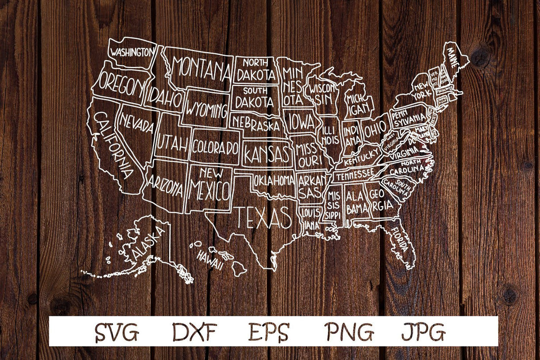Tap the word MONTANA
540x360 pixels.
(x=201, y=68)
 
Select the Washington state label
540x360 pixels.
(x=132, y=52)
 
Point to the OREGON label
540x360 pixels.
(x=121, y=86)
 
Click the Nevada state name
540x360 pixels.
(x=137, y=124)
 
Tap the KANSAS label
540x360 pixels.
(x=267, y=154)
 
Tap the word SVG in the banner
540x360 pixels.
(x=117, y=332)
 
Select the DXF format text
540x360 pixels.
(x=195, y=332)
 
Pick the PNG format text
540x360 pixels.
(x=349, y=332)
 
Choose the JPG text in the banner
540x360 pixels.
(x=423, y=332)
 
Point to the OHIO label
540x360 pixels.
(x=375, y=128)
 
